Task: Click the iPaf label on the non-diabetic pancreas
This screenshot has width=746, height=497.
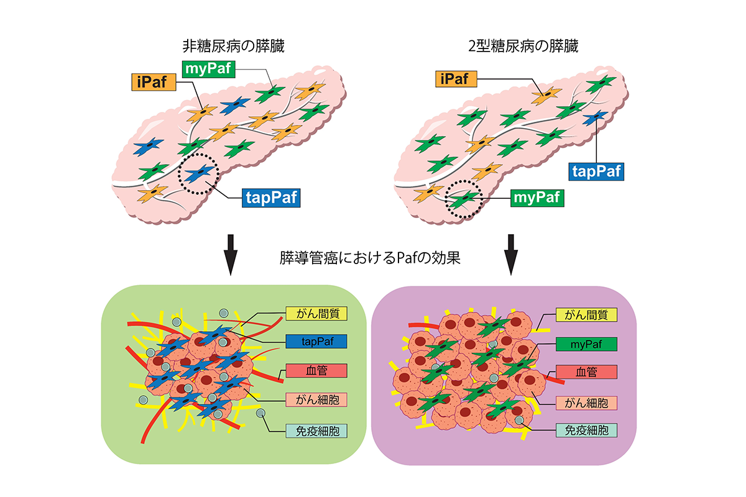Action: click(150, 81)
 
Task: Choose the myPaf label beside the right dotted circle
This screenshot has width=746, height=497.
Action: click(537, 198)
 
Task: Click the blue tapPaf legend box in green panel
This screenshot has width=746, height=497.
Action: click(316, 341)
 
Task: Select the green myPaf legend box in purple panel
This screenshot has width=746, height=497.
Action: click(586, 343)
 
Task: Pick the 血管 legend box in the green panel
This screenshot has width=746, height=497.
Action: click(316, 371)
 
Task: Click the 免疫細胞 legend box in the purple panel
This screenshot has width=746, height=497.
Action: click(586, 430)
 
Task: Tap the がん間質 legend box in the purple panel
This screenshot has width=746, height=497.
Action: click(586, 314)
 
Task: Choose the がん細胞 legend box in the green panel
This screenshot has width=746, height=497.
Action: click(316, 401)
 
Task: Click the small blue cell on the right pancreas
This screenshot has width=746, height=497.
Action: click(596, 116)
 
